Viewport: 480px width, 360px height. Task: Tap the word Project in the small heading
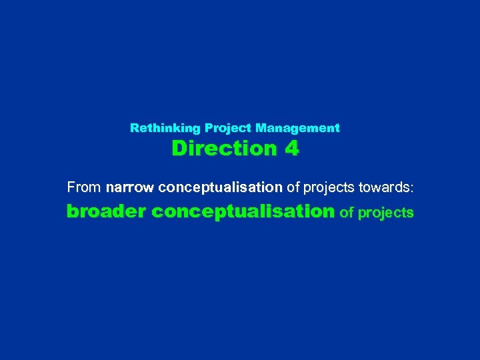click(227, 127)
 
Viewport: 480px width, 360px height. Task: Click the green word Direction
click(224, 149)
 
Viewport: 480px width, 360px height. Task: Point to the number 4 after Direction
click(291, 149)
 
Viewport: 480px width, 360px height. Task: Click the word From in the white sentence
click(83, 189)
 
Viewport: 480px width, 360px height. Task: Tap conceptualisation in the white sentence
click(221, 189)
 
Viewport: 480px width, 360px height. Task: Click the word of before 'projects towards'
click(292, 189)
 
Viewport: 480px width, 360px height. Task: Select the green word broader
click(106, 213)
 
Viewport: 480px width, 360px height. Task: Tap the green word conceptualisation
click(243, 213)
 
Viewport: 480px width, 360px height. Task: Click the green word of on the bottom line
click(347, 213)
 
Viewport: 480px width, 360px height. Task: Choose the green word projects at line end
click(386, 214)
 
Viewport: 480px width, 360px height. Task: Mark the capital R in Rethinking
click(134, 127)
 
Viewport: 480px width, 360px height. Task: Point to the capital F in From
click(71, 189)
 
